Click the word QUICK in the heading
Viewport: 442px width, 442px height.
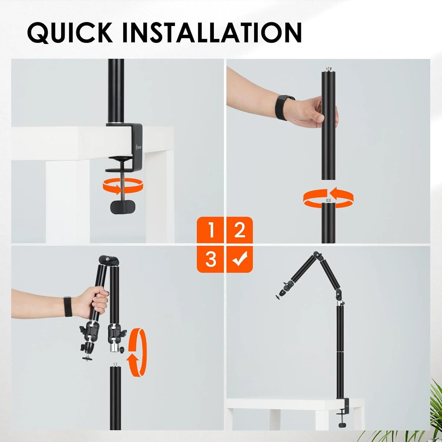pyautogui.click(x=70, y=32)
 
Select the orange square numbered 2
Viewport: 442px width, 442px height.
pyautogui.click(x=240, y=230)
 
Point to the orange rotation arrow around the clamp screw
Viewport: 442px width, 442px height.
pyautogui.click(x=123, y=186)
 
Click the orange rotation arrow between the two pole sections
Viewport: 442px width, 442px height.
pyautogui.click(x=328, y=198)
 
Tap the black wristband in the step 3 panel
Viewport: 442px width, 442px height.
pyautogui.click(x=68, y=307)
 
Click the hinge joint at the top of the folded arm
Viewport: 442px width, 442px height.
pyautogui.click(x=109, y=260)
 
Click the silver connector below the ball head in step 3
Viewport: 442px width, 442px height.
pyautogui.click(x=114, y=347)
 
